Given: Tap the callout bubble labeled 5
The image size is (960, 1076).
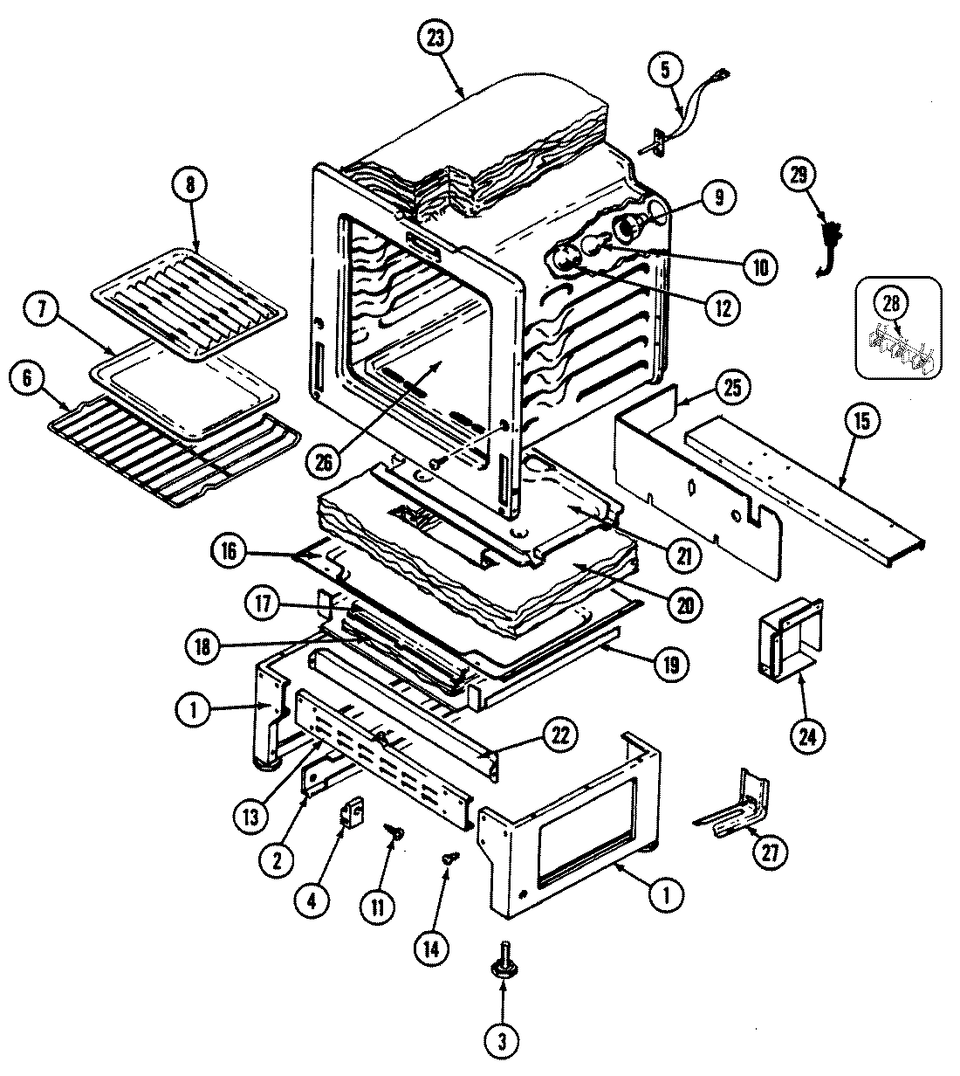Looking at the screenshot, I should tap(665, 71).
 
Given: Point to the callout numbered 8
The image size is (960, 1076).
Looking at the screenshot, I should tap(191, 185).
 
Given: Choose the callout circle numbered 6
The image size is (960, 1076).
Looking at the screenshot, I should tap(28, 377).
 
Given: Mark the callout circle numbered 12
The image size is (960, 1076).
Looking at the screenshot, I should tap(723, 307).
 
